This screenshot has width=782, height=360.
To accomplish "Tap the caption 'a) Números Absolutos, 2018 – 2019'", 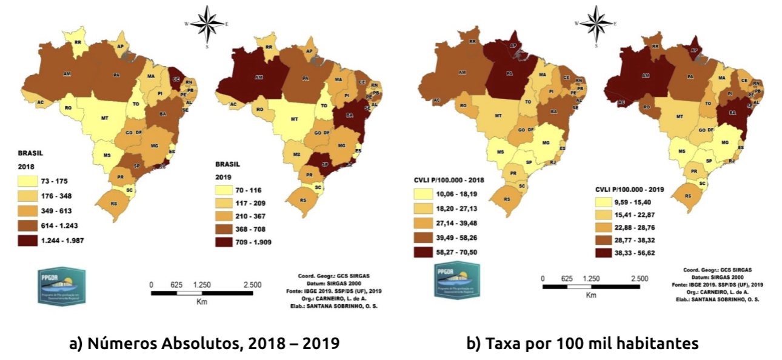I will [204, 344].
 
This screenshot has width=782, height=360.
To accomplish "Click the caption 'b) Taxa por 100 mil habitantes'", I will [582, 344].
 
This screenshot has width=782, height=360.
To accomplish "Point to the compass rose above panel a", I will [207, 25].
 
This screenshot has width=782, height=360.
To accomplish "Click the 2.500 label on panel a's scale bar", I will [252, 284].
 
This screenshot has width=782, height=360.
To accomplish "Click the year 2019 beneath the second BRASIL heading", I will [225, 176].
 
